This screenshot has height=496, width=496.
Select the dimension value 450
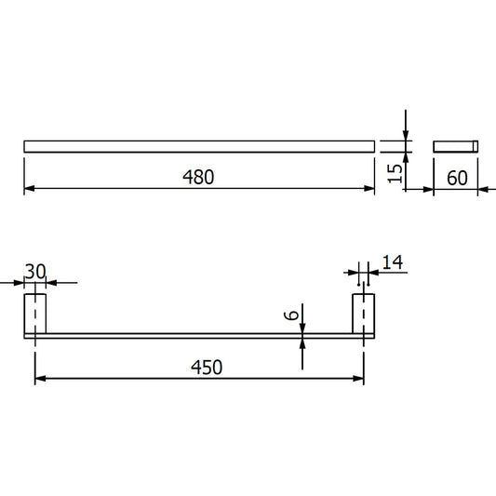[207, 368]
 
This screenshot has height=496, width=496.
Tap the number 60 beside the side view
[456, 178]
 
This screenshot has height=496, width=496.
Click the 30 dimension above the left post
[35, 271]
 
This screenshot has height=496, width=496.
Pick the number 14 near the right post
[392, 263]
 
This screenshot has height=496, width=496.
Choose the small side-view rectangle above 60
[455, 145]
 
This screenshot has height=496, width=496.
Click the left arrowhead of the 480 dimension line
[29, 189]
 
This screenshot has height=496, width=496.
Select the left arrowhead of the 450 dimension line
[40, 379]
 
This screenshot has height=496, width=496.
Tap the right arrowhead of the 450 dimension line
[357, 379]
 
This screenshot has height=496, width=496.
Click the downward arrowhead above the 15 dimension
[406, 135]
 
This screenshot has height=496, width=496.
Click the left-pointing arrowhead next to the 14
[374, 274]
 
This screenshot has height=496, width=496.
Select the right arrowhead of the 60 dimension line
[473, 189]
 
